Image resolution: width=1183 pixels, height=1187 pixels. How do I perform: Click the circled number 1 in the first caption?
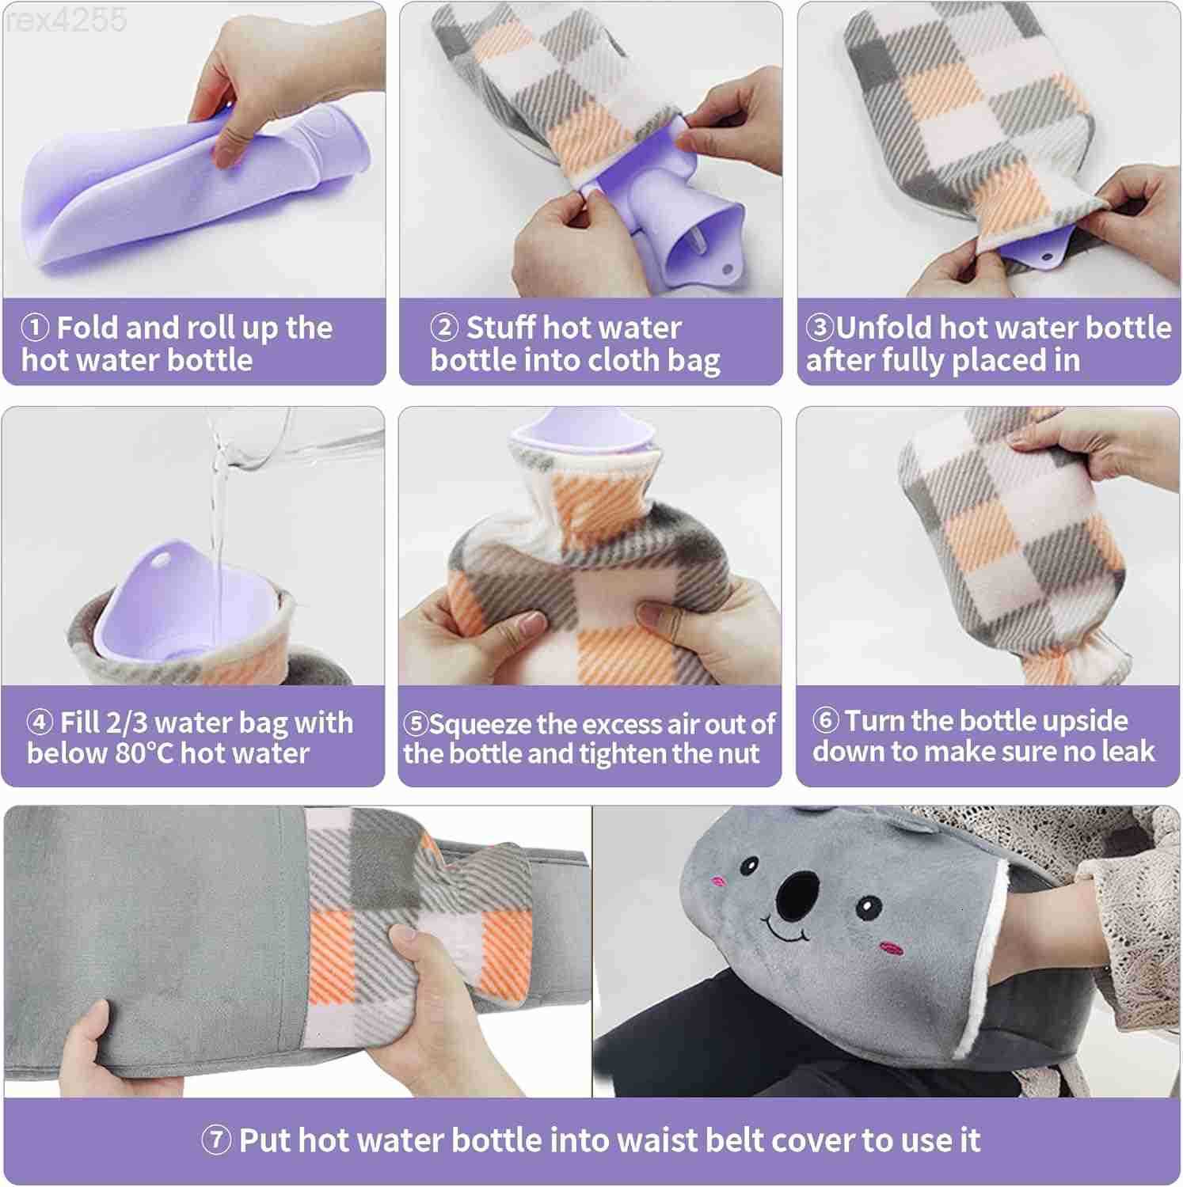(x=36, y=327)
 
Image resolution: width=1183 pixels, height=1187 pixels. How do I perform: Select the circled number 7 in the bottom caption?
(x=216, y=1140)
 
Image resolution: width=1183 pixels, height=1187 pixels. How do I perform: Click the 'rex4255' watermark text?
(x=65, y=20)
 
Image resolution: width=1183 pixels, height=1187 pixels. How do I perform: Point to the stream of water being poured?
(x=216, y=506)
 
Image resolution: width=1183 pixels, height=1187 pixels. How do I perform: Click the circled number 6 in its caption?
(x=825, y=720)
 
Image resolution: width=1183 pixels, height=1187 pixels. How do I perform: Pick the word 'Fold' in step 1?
(x=87, y=327)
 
